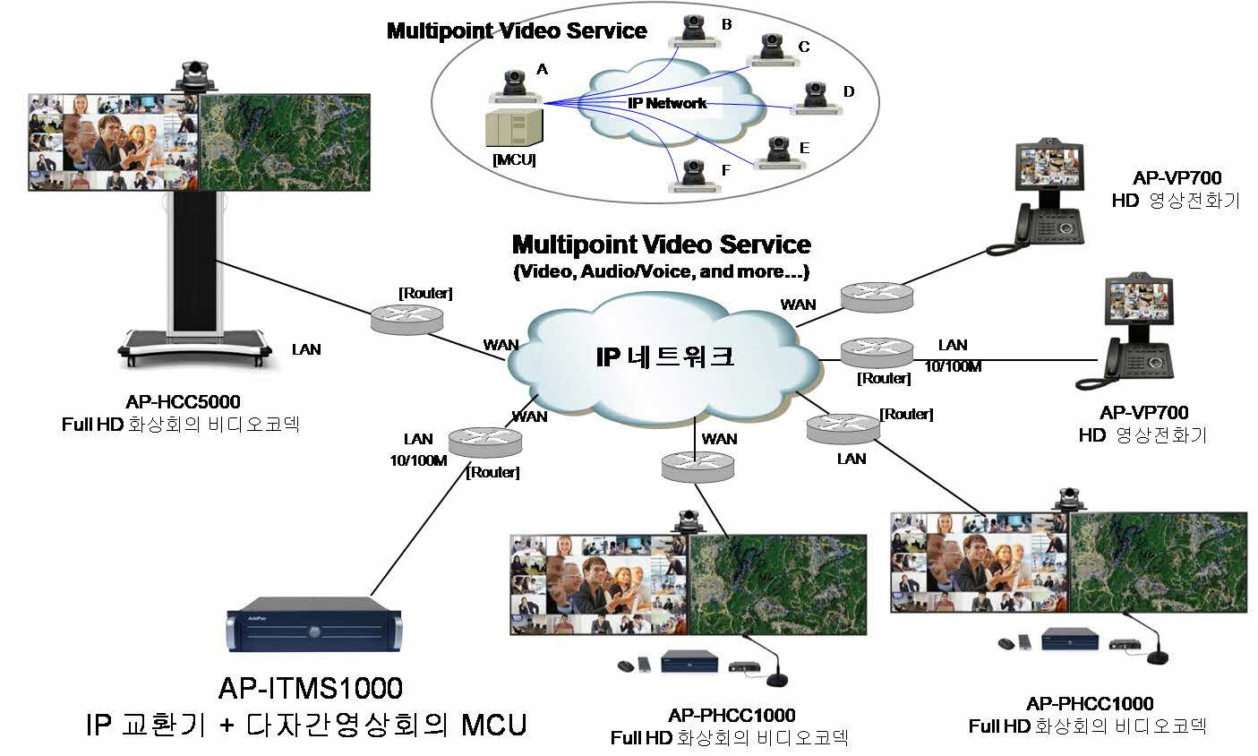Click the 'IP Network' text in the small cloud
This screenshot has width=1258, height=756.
666,103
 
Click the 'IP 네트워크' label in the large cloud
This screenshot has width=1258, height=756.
664,357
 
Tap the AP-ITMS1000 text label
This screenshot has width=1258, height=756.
311,688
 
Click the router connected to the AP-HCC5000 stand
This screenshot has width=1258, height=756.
406,316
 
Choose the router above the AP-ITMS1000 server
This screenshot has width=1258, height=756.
484,440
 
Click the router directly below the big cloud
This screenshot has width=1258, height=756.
697,465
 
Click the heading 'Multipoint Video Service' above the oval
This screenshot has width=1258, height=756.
517,31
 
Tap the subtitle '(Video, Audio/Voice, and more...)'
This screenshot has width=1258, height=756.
662,271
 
